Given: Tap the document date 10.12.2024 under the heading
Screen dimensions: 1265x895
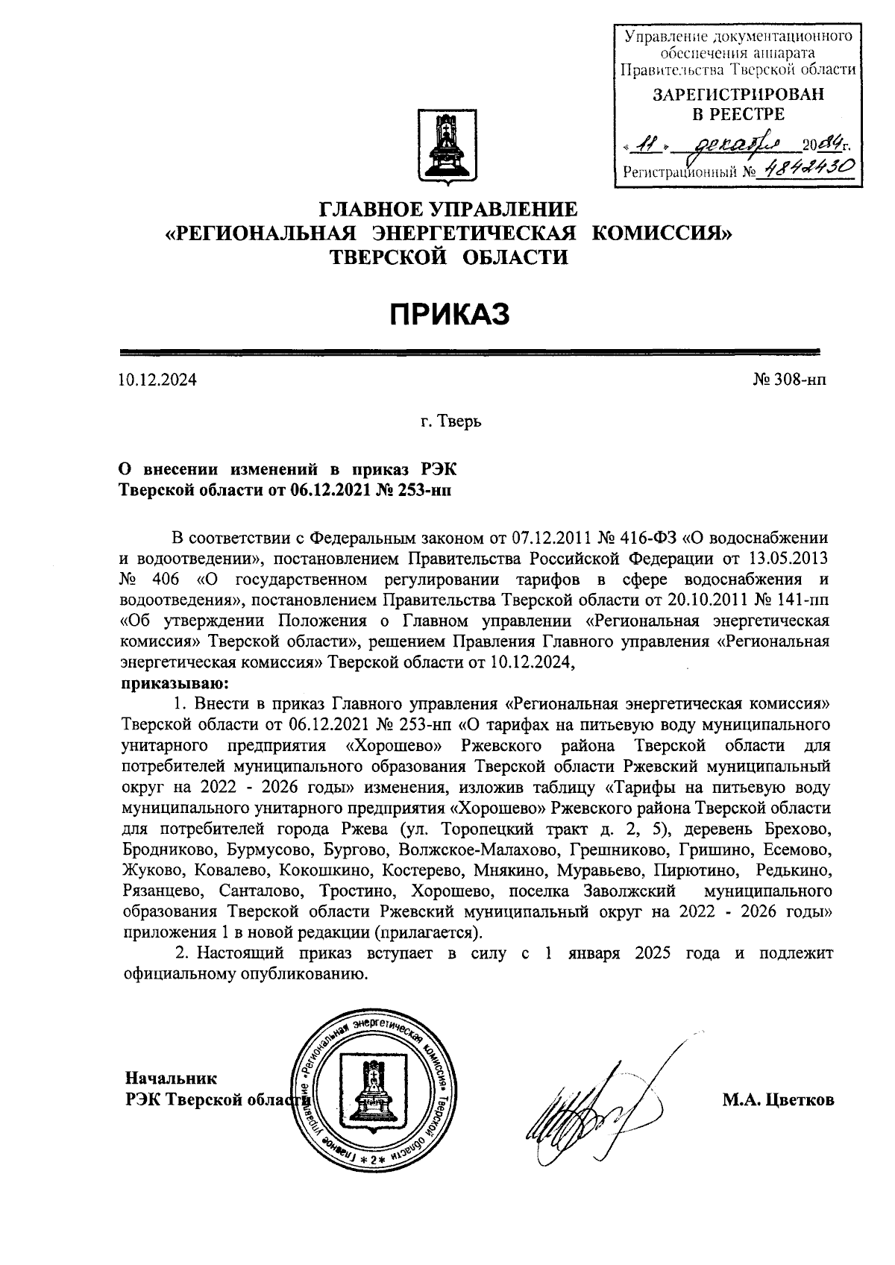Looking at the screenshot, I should tap(157, 380).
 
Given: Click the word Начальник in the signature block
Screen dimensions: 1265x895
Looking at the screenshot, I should tap(171, 1079).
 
